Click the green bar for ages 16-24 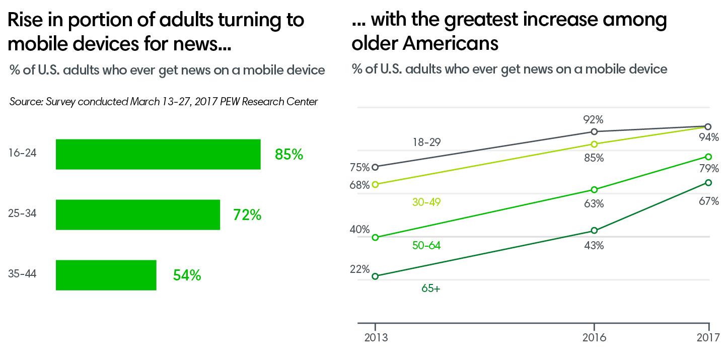tap(158, 154)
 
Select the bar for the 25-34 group tap(137, 214)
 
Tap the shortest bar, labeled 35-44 tap(106, 275)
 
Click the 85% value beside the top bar tap(289, 154)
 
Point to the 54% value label tap(187, 275)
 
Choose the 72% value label tap(247, 215)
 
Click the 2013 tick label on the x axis tap(376, 337)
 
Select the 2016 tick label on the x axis tap(594, 337)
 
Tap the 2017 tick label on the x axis tap(707, 337)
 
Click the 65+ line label tap(430, 289)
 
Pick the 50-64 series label tap(426, 245)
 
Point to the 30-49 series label tap(426, 202)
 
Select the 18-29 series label tap(426, 142)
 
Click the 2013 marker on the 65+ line tap(375, 276)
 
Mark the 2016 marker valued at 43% tap(594, 231)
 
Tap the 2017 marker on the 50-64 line tap(708, 157)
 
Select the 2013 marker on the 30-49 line tap(375, 184)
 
